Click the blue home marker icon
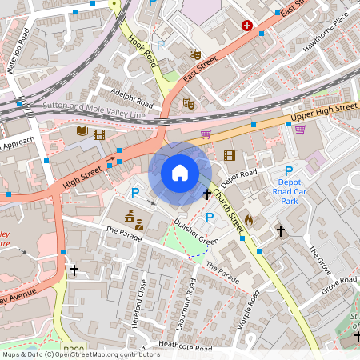tap(180, 173)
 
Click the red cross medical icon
tap(246, 26)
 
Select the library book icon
tap(82, 132)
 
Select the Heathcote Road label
tap(185, 346)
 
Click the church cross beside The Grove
tap(280, 231)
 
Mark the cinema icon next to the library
tap(99, 134)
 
